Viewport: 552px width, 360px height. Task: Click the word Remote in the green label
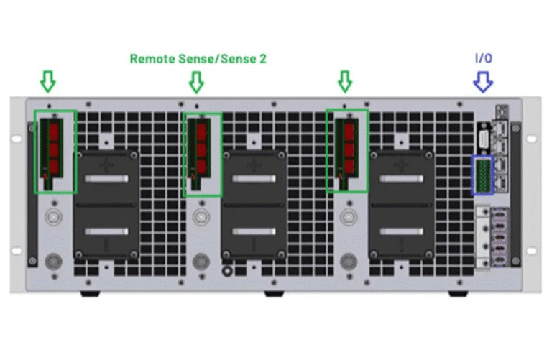coord(153,59)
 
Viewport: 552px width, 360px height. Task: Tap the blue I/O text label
coord(483,58)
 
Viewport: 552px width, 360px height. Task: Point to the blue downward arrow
coord(483,82)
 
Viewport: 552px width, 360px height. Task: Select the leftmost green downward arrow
coord(48,82)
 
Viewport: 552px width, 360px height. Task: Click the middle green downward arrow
coord(196,83)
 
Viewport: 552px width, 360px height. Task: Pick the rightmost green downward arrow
coord(345,82)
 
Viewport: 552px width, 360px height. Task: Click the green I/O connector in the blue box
coord(483,175)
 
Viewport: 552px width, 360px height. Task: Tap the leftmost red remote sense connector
coord(54,148)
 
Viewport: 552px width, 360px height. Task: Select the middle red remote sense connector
coord(201,148)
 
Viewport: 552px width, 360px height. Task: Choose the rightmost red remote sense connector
coord(349,148)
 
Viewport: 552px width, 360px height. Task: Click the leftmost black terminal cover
coord(106,205)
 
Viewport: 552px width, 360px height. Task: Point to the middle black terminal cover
coord(254,205)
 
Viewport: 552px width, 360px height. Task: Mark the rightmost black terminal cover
coord(401,205)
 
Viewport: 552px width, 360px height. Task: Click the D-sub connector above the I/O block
coord(484,139)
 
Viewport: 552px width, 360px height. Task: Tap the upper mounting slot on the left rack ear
coord(17,139)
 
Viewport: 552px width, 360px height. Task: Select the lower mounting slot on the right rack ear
coord(532,251)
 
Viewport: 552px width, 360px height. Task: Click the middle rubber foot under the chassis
coord(274,293)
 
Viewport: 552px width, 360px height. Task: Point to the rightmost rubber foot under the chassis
coord(458,293)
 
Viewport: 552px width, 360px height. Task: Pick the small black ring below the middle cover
coord(227,271)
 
